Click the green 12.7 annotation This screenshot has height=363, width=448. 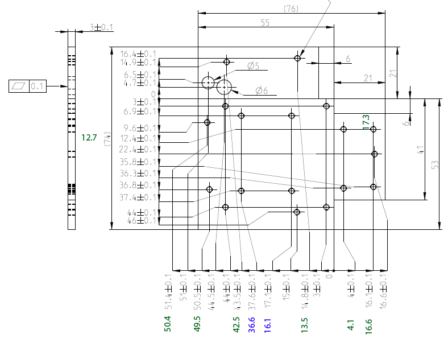click(x=89, y=137)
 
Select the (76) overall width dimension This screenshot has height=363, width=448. click(x=291, y=9)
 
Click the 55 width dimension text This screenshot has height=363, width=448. click(x=265, y=23)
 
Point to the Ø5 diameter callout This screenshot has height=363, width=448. click(x=253, y=67)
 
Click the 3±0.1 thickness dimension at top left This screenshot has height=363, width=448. click(x=101, y=27)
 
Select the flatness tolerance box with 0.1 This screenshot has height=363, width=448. click(x=27, y=86)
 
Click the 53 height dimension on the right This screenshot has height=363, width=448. click(x=435, y=164)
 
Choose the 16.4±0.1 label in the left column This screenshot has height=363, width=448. click(x=138, y=54)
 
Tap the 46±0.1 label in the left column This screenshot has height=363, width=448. click(x=141, y=221)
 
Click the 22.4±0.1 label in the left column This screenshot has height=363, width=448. click(x=138, y=150)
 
